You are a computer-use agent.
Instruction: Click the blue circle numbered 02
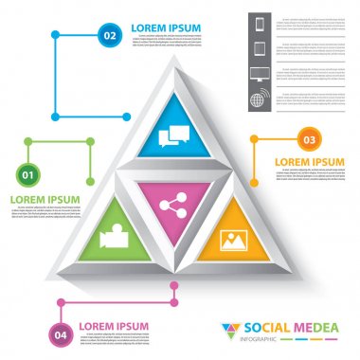pos(110,36)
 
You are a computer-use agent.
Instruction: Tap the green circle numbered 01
pos(28,174)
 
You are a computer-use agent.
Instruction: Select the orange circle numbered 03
pos(308,139)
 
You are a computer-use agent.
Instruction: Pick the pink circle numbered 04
pos(62,333)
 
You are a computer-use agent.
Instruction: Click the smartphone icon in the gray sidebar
pos(261,23)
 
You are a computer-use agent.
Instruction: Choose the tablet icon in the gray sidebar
pos(261,48)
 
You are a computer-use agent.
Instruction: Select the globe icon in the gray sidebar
pos(261,99)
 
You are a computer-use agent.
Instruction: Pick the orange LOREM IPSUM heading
pos(310,162)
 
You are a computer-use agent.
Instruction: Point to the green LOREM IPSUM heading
pos(44,199)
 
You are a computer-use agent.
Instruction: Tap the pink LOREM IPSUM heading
pos(114,327)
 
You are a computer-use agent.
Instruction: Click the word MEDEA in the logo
pos(314,328)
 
